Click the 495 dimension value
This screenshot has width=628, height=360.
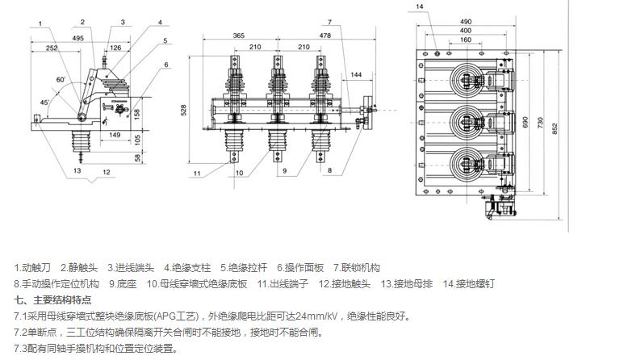pos(77,38)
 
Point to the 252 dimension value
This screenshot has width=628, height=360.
pos(52,48)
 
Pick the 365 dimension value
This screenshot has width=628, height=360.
pos(238,36)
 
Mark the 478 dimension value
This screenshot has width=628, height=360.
pos(324,36)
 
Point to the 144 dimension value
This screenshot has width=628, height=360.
pos(356,74)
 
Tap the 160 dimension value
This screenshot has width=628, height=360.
pos(467,40)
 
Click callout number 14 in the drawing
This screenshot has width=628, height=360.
pos(420,6)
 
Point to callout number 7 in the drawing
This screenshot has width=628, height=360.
pos(330,22)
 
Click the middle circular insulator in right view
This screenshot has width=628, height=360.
pos(467,121)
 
